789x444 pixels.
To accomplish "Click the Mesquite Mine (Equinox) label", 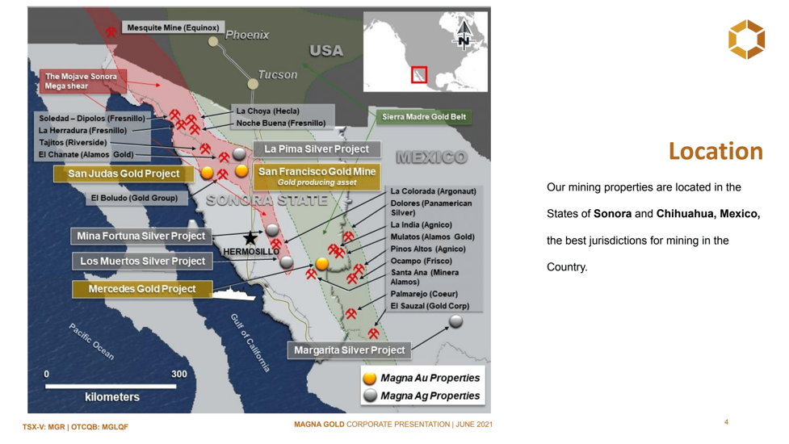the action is (x=173, y=27).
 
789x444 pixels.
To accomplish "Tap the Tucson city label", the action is (x=278, y=75).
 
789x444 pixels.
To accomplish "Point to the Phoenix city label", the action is (x=247, y=36).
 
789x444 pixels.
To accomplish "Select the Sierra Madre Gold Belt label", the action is (x=424, y=117).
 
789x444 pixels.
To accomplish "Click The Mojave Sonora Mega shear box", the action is (x=82, y=81).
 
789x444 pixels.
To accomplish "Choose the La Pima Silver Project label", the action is (x=317, y=149).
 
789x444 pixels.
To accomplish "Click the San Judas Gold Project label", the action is (x=124, y=174).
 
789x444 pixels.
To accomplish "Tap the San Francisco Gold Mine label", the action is (x=317, y=176).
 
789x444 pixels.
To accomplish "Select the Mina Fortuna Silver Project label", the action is (x=141, y=236).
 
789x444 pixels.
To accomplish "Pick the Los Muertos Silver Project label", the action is (x=142, y=261).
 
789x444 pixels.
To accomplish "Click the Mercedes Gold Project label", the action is (x=142, y=289).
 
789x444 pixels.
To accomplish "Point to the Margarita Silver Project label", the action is (x=349, y=350).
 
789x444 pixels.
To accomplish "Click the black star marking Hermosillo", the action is (x=250, y=238).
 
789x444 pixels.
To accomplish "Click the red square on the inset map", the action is (x=419, y=75).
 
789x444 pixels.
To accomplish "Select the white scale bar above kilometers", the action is (x=111, y=386).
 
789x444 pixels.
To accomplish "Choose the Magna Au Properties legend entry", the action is (x=422, y=378).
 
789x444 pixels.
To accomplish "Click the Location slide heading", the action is (x=716, y=151).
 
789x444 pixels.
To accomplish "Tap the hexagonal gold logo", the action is (x=747, y=40).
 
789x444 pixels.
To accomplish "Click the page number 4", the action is (x=726, y=422).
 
